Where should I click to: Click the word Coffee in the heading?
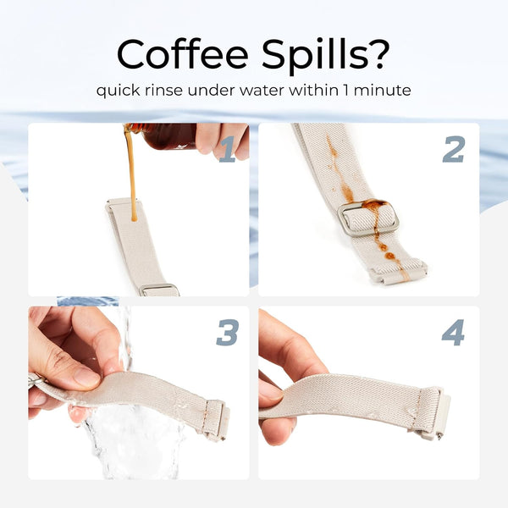click(x=183, y=53)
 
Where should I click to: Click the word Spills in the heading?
click(x=310, y=57)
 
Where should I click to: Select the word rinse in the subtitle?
click(x=163, y=90)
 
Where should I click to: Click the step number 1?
click(x=228, y=149)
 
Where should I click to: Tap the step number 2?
click(x=454, y=149)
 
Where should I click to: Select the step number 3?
click(x=228, y=332)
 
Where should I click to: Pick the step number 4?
click(x=453, y=332)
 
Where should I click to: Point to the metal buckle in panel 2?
click(x=368, y=218)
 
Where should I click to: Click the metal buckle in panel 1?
click(x=159, y=290)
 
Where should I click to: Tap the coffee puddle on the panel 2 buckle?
click(x=374, y=205)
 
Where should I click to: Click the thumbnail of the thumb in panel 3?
click(x=86, y=377)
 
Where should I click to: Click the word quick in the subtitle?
click(x=118, y=91)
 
